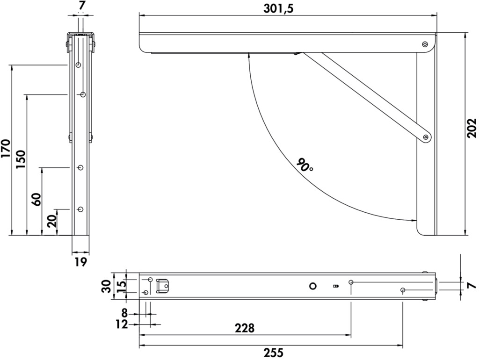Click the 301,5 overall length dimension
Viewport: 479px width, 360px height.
(x=278, y=8)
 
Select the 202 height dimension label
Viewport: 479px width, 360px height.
(x=472, y=128)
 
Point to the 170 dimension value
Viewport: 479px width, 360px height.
(x=6, y=148)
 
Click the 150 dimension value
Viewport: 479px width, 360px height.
(x=21, y=160)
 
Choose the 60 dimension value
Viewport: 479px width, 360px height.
(x=36, y=200)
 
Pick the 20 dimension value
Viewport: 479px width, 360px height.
(x=52, y=221)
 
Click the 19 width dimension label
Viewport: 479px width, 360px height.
(x=80, y=262)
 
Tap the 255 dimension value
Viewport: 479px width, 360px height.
(x=273, y=353)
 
